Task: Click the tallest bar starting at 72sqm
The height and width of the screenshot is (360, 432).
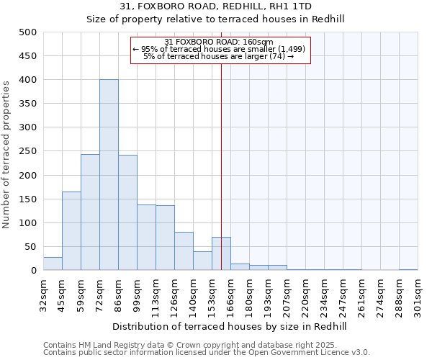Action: pyautogui.click(x=109, y=175)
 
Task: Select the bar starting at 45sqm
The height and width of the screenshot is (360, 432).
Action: pyautogui.click(x=71, y=231)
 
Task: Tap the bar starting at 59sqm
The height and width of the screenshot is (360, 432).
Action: pyautogui.click(x=90, y=212)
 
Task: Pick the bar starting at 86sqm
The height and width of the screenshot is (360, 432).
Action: pyautogui.click(x=127, y=213)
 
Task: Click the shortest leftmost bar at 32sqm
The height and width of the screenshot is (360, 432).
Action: pyautogui.click(x=53, y=264)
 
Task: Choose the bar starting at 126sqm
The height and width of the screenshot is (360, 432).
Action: pyautogui.click(x=184, y=251)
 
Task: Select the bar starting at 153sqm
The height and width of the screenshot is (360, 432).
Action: pyautogui.click(x=221, y=253)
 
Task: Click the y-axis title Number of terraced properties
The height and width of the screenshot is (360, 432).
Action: pyautogui.click(x=7, y=153)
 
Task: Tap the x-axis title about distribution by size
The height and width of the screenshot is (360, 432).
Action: pyautogui.click(x=230, y=326)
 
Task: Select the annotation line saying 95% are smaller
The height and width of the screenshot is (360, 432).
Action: pyautogui.click(x=220, y=49)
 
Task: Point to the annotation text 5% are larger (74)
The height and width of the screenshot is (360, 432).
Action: pyautogui.click(x=219, y=56)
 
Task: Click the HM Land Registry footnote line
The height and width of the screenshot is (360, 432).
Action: pyautogui.click(x=190, y=345)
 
